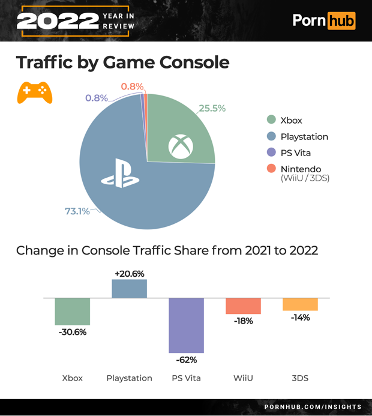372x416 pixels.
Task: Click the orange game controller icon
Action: (34, 92)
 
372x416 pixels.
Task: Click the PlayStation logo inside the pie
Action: (120, 174)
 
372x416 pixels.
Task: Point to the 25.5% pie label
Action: (212, 108)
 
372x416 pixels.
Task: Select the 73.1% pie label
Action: (77, 211)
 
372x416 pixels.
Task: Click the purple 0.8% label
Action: (96, 98)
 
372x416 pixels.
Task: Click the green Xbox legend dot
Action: (271, 120)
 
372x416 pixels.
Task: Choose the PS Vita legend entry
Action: (295, 152)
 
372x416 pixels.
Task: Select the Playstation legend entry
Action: (304, 136)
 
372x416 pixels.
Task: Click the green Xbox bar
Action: (73, 311)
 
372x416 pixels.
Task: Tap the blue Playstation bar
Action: (129, 289)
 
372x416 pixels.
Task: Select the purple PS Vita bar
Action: (186, 325)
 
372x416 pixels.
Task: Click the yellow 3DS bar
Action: (300, 304)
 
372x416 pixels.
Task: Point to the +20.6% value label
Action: (129, 273)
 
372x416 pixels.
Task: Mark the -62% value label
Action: (186, 360)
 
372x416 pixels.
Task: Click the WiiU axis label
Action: (243, 378)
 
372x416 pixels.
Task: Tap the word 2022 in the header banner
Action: (57, 22)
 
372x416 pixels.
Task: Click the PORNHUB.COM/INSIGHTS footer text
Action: (313, 407)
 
